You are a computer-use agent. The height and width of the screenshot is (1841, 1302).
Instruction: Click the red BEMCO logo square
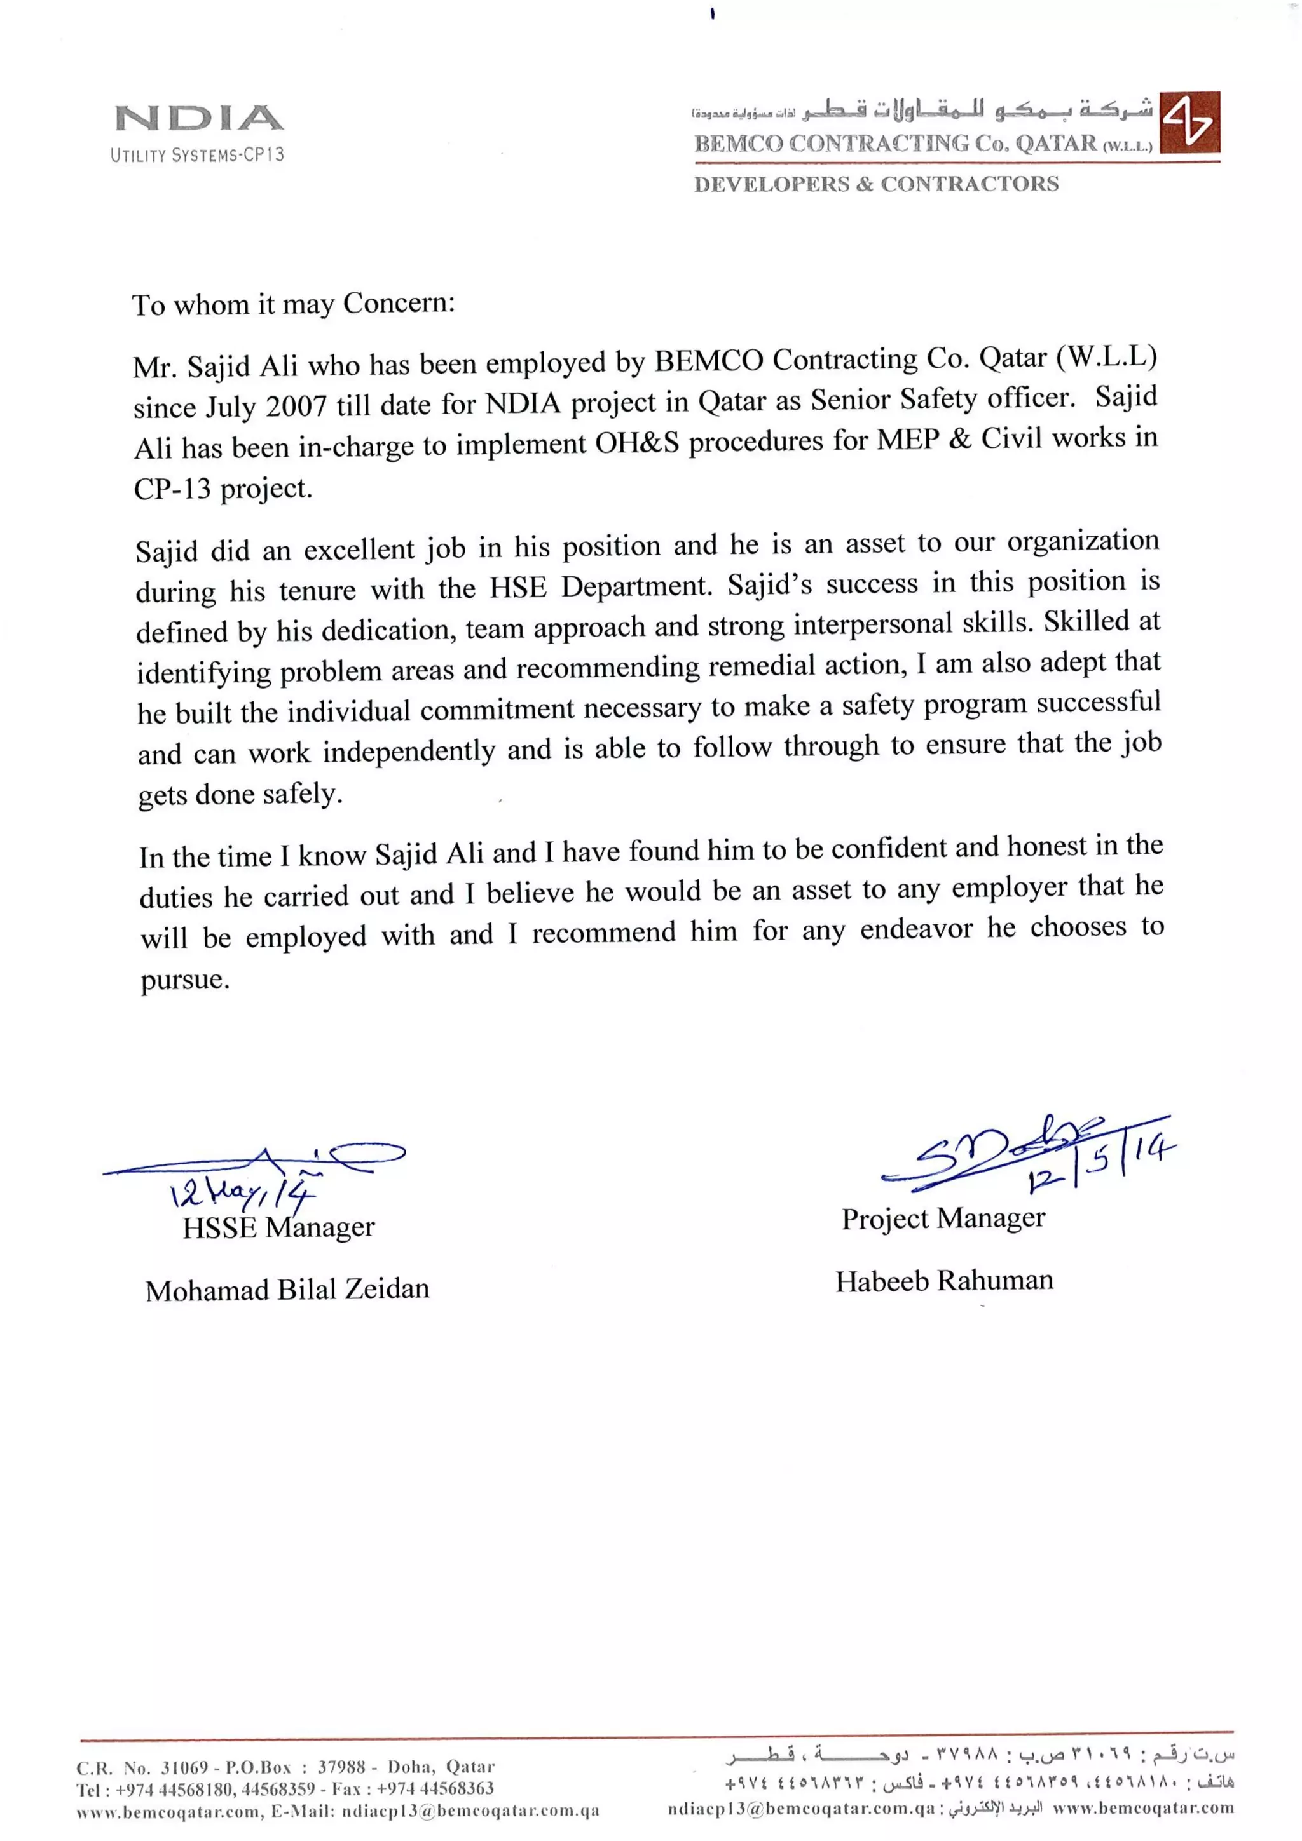click(1189, 122)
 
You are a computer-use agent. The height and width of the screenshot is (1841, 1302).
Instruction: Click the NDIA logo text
click(199, 119)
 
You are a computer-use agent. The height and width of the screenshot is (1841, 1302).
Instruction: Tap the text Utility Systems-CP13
click(197, 155)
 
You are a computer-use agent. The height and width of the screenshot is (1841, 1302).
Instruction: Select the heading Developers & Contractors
click(876, 184)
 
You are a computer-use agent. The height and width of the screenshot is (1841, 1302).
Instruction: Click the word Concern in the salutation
click(398, 303)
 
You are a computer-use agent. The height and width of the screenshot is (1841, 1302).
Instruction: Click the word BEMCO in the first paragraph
click(708, 361)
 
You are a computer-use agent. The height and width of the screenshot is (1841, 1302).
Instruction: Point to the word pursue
click(184, 980)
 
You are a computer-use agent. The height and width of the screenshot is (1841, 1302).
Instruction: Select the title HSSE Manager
click(278, 1227)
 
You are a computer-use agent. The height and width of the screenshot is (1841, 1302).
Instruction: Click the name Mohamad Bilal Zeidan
click(287, 1290)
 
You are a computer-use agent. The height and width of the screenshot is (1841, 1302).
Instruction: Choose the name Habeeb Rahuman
click(944, 1281)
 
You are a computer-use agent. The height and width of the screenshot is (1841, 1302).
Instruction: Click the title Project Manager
click(943, 1218)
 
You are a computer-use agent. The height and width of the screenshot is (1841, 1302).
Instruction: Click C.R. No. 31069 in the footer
click(141, 1767)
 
